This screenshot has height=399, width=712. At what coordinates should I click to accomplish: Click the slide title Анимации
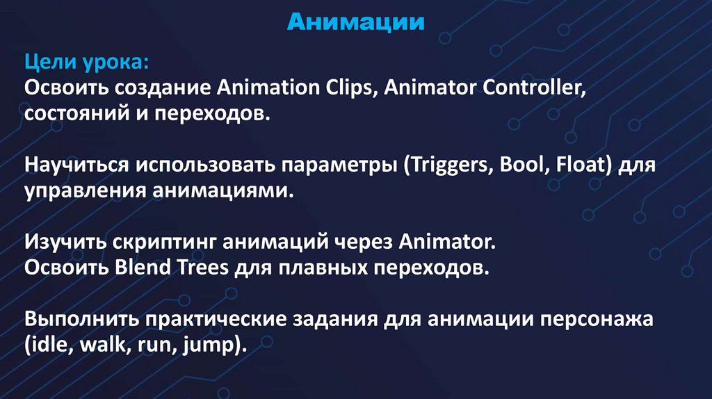356,22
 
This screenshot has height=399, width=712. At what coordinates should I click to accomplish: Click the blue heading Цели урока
87,63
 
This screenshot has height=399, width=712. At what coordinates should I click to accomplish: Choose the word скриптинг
163,242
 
